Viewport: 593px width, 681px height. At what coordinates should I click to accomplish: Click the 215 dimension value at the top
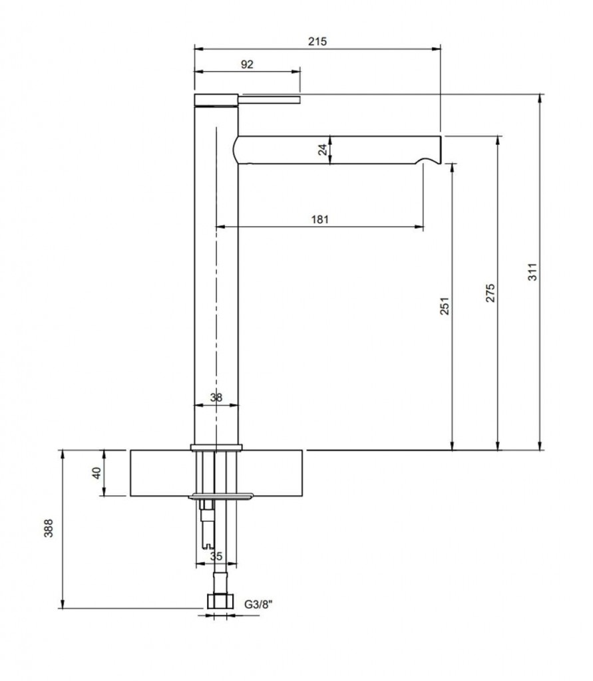pyautogui.click(x=317, y=41)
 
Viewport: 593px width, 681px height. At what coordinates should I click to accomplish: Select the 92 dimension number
pyautogui.click(x=247, y=65)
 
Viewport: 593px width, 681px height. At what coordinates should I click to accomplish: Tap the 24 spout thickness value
pyautogui.click(x=323, y=150)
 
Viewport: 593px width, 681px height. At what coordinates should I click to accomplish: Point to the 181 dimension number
pyautogui.click(x=320, y=219)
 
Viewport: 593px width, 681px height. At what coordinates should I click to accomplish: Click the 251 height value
pyautogui.click(x=444, y=306)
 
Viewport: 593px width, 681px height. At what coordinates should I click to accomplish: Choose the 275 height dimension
pyautogui.click(x=490, y=293)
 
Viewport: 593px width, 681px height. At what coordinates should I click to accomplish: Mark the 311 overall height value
pyautogui.click(x=532, y=272)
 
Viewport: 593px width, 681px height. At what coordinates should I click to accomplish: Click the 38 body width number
pyautogui.click(x=216, y=398)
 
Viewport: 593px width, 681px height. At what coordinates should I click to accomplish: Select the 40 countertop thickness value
pyautogui.click(x=97, y=473)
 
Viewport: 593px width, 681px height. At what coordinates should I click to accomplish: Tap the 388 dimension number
pyautogui.click(x=49, y=528)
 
